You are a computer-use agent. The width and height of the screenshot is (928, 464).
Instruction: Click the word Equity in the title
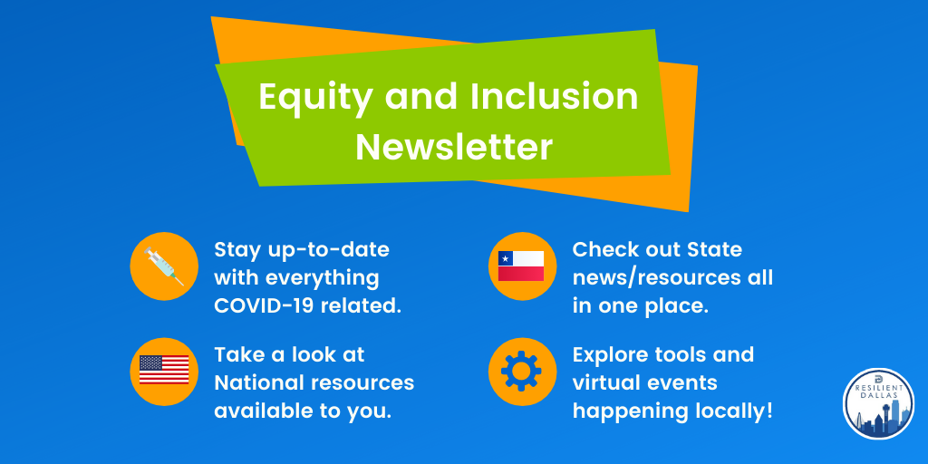[314, 98]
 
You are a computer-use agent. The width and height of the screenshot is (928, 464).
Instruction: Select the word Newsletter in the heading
[454, 147]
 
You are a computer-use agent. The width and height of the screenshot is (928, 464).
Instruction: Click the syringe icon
[164, 266]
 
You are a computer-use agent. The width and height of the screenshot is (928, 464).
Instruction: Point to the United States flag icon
[164, 370]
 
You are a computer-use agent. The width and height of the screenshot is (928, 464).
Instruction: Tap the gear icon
[521, 371]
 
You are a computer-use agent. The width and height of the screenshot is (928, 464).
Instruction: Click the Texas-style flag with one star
[521, 266]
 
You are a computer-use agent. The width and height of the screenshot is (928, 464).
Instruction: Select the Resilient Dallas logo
[878, 403]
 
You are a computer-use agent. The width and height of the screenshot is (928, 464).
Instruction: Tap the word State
[714, 250]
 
